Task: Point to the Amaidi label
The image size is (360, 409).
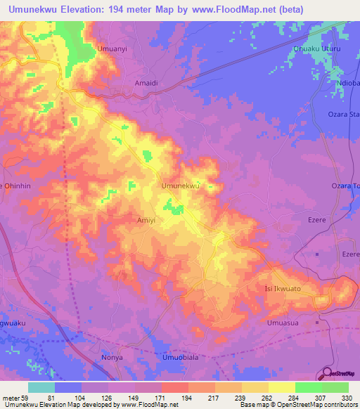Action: (146, 82)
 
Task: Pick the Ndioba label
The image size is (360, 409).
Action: (347, 82)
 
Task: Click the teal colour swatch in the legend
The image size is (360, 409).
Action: (41, 387)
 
